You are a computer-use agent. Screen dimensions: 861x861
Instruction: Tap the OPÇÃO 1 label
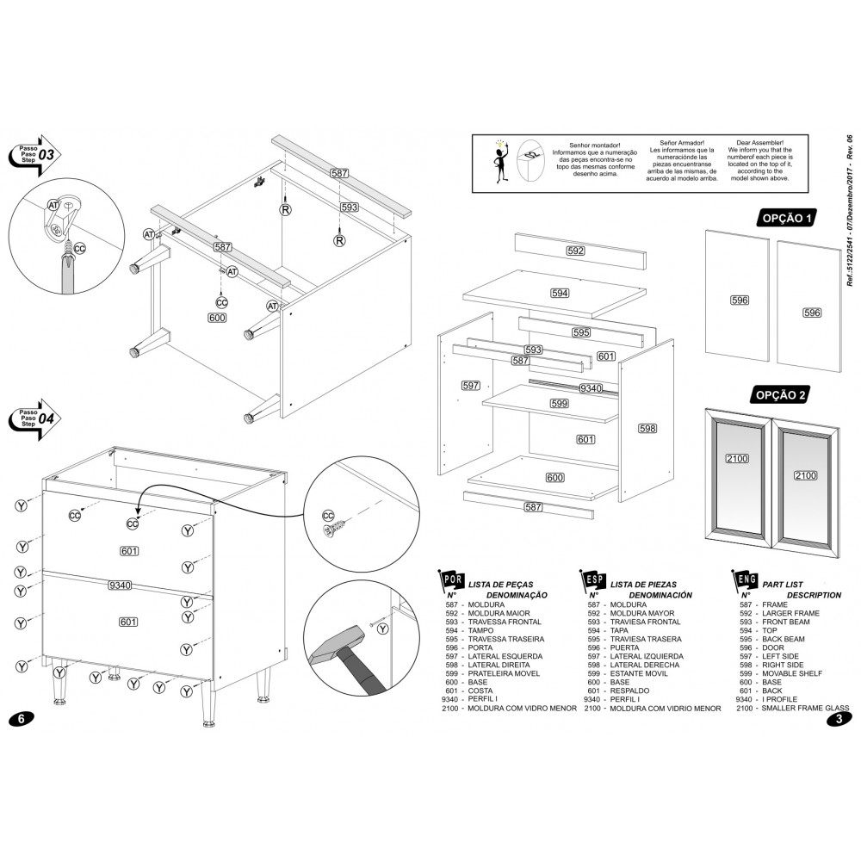[784, 219]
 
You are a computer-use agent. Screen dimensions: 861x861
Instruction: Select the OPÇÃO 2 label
[781, 394]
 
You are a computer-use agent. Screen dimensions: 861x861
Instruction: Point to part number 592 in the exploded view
[575, 251]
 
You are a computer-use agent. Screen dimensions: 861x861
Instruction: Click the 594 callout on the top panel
[560, 294]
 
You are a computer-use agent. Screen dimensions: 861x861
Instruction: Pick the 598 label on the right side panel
[647, 428]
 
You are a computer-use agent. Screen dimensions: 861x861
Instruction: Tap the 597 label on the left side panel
[470, 385]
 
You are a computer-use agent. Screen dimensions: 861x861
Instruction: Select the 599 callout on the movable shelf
[560, 404]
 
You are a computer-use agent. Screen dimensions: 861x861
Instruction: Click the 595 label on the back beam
[581, 332]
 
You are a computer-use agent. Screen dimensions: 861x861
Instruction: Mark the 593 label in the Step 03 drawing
[349, 208]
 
